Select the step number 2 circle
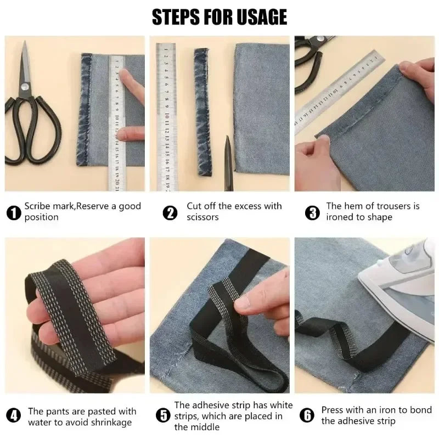point(171,212)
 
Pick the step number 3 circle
point(312,212)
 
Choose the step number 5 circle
point(162,416)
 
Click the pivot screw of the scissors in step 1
point(24,86)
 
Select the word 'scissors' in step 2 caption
point(203,217)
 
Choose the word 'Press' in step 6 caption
point(333,410)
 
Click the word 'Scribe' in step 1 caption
point(38,206)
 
